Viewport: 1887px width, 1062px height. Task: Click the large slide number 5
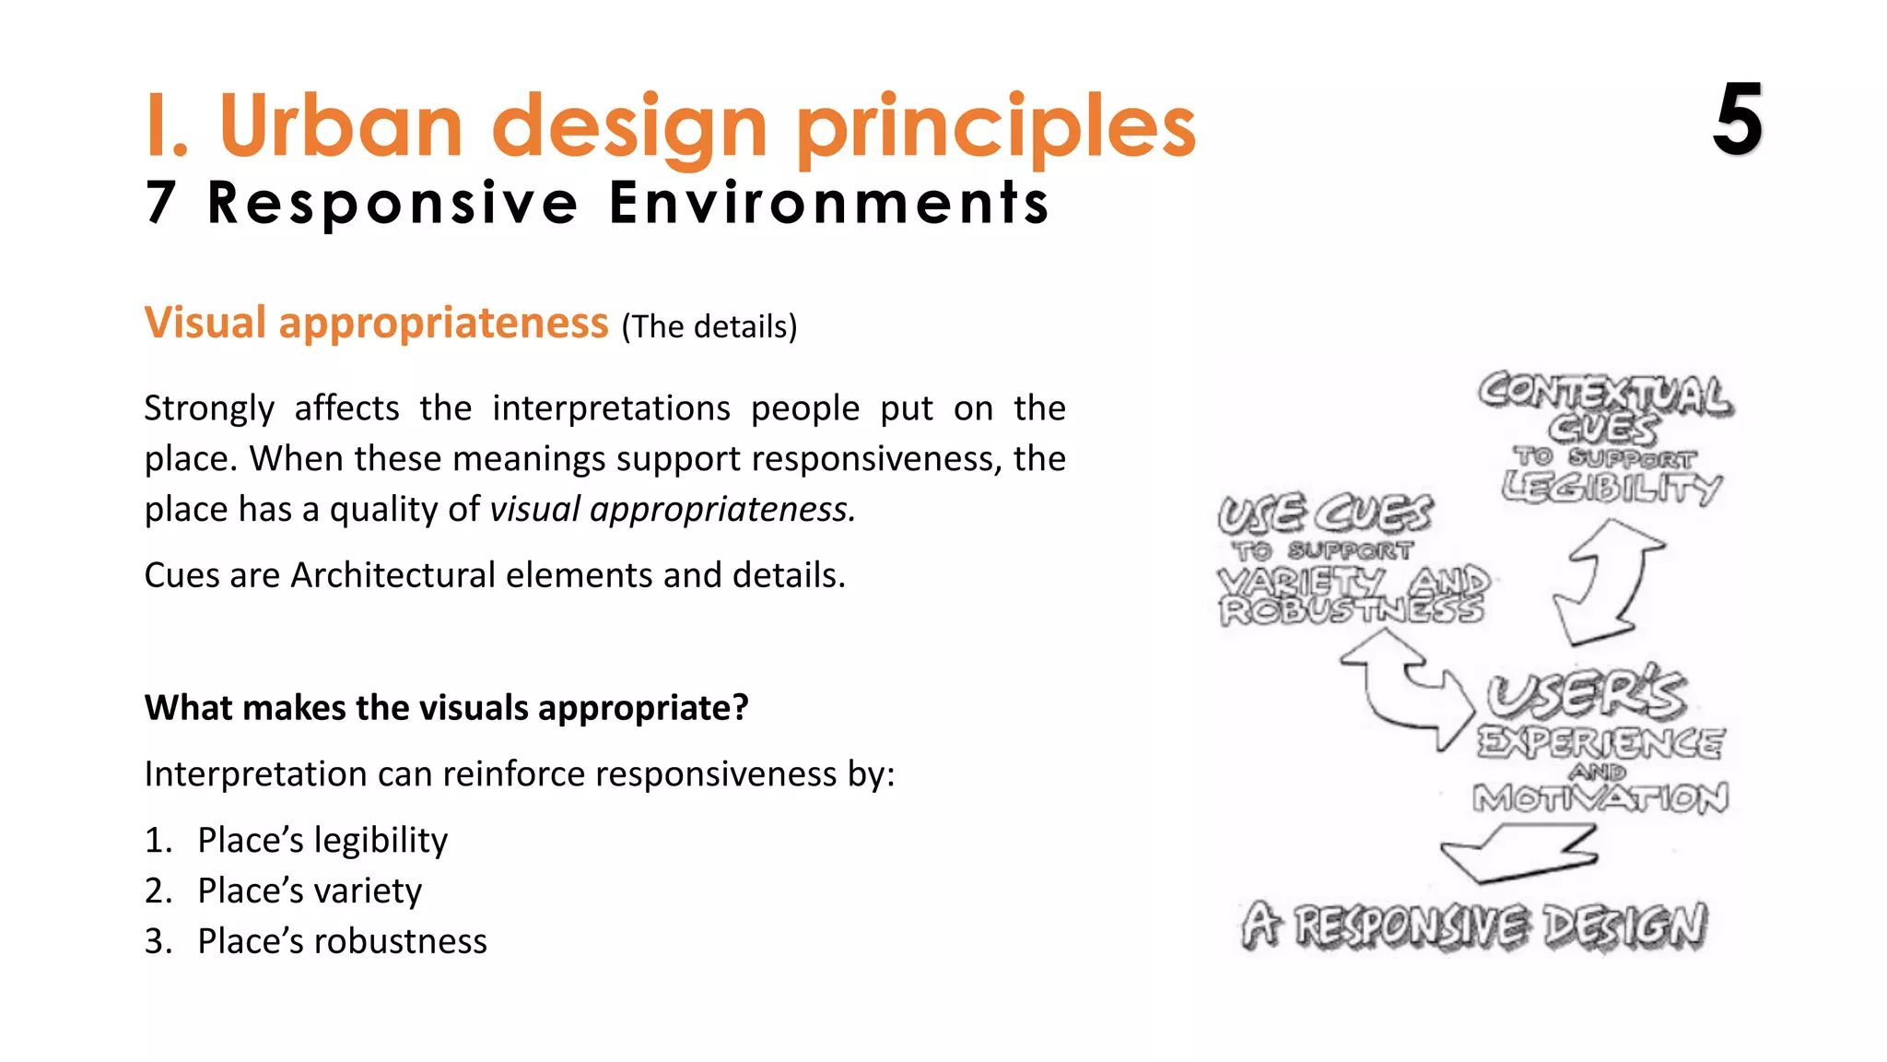[1738, 120]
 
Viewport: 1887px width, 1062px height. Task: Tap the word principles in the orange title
[995, 129]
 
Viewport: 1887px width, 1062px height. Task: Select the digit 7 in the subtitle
[160, 202]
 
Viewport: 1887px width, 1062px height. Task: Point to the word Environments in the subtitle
[829, 202]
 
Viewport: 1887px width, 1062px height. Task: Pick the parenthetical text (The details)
[709, 326]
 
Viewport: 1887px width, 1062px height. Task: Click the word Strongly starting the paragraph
[209, 408]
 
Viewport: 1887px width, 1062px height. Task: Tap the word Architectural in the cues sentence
[393, 575]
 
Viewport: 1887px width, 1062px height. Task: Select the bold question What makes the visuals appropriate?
[446, 708]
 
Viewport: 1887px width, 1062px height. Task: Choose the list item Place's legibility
[322, 841]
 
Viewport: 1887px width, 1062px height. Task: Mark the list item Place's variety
[310, 891]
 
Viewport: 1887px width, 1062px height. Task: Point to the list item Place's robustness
[342, 941]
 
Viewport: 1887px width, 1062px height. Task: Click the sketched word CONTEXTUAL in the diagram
[1605, 394]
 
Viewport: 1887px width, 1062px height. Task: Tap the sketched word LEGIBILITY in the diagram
[1611, 487]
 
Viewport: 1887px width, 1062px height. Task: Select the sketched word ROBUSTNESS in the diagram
[1351, 611]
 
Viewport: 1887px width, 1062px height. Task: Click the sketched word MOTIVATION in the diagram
[1600, 798]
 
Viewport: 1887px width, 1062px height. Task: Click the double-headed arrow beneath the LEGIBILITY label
[1608, 581]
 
